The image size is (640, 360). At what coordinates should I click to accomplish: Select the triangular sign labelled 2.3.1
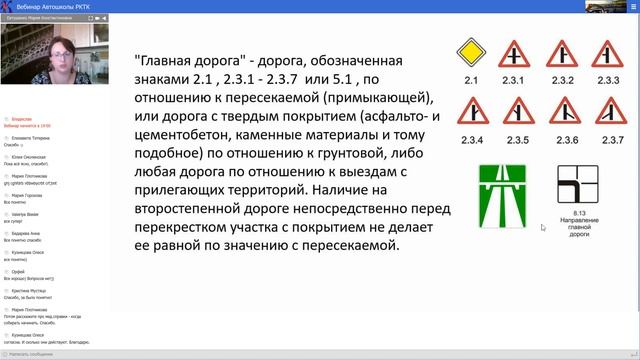516,55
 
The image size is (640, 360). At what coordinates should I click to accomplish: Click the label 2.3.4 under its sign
470,139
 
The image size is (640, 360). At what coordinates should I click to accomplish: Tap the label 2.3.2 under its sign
562,80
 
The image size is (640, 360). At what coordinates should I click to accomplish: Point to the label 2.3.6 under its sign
562,139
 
